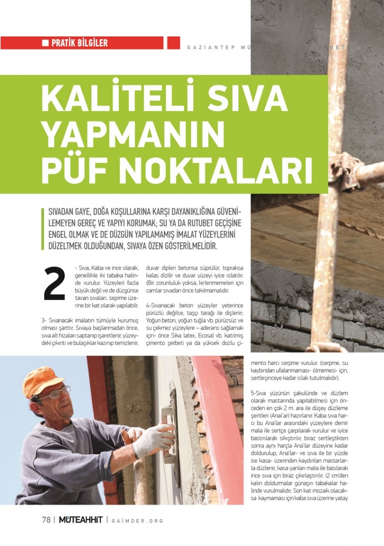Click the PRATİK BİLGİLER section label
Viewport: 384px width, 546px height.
79,43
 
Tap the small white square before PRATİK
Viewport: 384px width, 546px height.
45,43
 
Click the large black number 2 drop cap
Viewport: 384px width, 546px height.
54,284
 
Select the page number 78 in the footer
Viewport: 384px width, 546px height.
46,520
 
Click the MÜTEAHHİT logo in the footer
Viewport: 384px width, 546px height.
80,520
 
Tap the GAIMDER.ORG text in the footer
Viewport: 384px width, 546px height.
137,520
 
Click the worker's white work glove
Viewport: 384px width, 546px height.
152,440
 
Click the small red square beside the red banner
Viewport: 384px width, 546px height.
173,43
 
